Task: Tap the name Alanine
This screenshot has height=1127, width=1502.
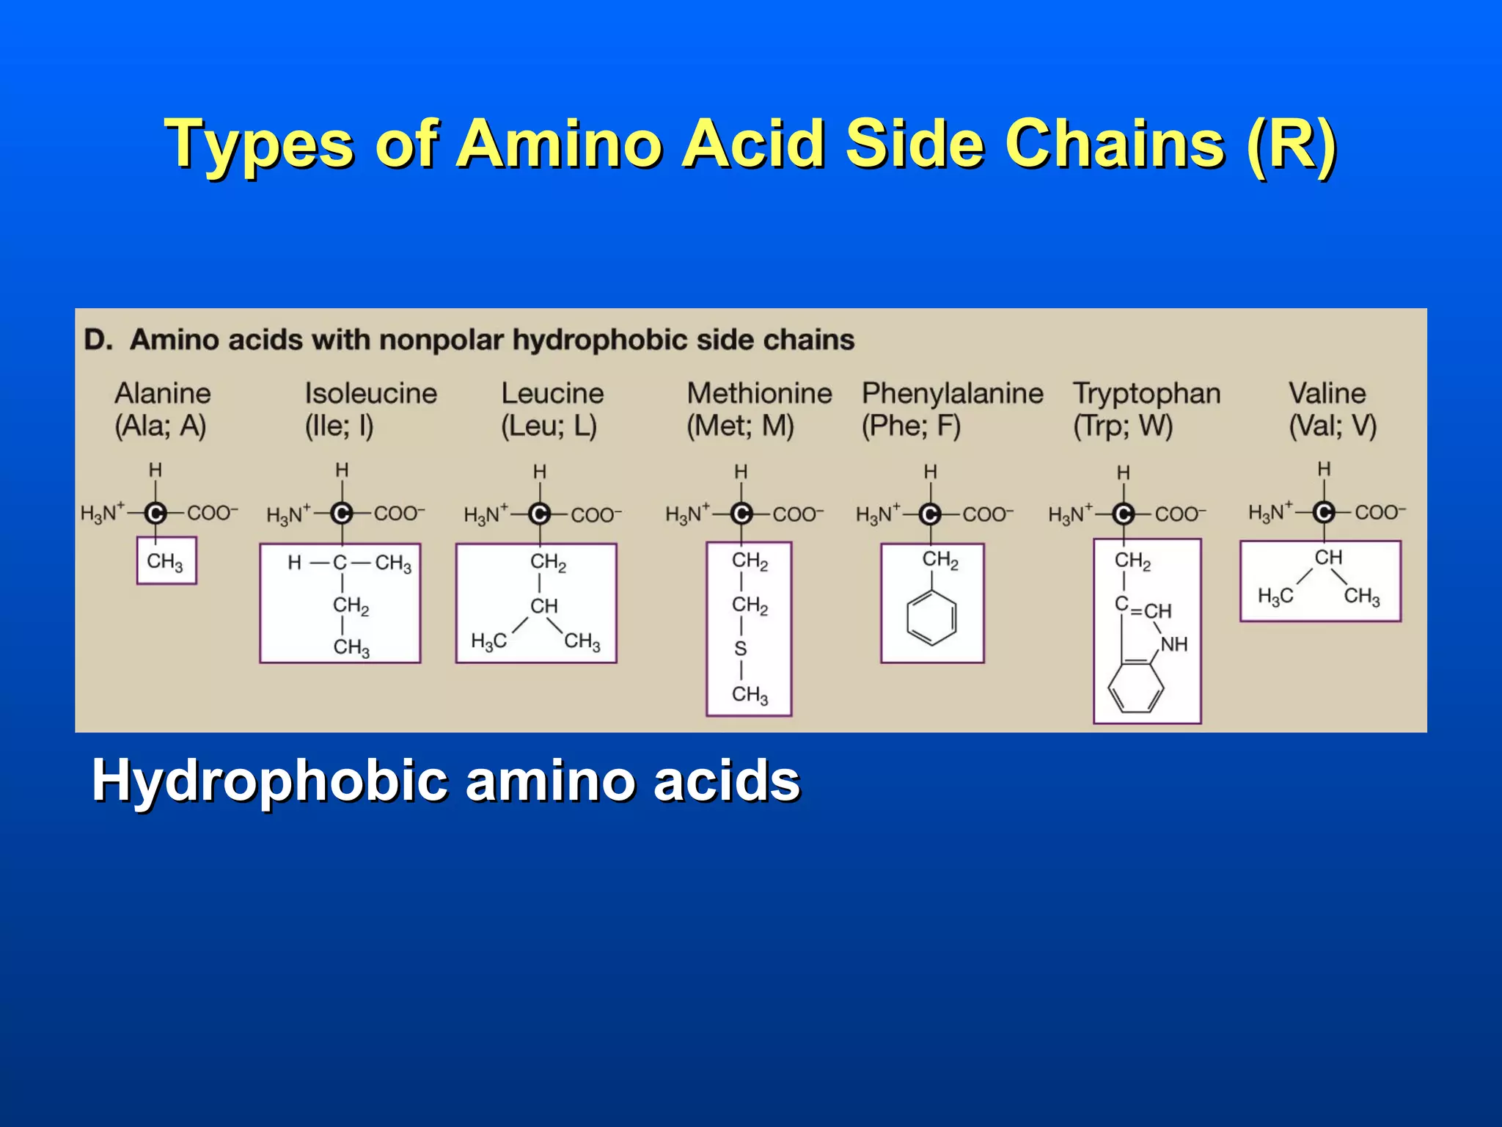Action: point(162,394)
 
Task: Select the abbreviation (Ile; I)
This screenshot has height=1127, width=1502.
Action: point(339,426)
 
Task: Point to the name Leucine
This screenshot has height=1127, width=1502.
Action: point(552,394)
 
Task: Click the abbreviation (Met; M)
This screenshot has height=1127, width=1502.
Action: point(740,426)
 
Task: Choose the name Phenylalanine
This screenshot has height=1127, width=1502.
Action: point(952,394)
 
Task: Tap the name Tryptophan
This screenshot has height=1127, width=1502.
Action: point(1146,394)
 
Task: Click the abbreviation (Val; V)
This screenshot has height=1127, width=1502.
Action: point(1333,426)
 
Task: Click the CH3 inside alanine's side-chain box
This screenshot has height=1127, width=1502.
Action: point(165,562)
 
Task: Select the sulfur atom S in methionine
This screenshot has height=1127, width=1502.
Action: point(741,649)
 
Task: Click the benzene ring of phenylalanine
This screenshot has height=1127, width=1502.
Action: point(931,619)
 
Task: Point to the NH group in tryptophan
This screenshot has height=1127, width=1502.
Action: point(1173,644)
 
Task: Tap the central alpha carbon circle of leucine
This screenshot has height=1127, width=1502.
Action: point(540,514)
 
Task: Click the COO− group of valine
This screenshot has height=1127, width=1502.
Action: point(1380,512)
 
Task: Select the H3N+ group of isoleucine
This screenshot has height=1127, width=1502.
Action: point(289,514)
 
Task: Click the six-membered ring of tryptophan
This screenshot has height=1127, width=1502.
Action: point(1135,687)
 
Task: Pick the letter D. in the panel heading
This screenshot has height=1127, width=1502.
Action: point(98,340)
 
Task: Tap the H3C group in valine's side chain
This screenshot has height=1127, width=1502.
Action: point(1275,597)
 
